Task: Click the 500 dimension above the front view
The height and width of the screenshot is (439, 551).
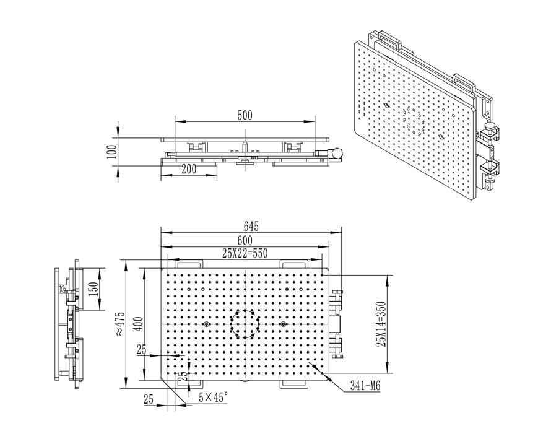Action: [245, 116]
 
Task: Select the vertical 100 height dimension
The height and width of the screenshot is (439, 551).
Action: [111, 151]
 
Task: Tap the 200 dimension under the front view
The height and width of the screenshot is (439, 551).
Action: [189, 168]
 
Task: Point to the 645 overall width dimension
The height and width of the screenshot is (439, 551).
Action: [251, 227]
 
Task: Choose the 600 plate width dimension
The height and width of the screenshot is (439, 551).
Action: [244, 240]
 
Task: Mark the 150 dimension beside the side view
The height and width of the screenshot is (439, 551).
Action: [93, 290]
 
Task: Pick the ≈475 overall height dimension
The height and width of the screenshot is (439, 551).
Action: [120, 323]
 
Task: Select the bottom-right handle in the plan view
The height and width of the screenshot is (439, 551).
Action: [294, 385]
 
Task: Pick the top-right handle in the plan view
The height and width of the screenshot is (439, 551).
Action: [294, 263]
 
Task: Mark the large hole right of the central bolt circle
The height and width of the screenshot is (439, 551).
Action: [283, 324]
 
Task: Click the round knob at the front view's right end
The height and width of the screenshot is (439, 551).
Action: [337, 152]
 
